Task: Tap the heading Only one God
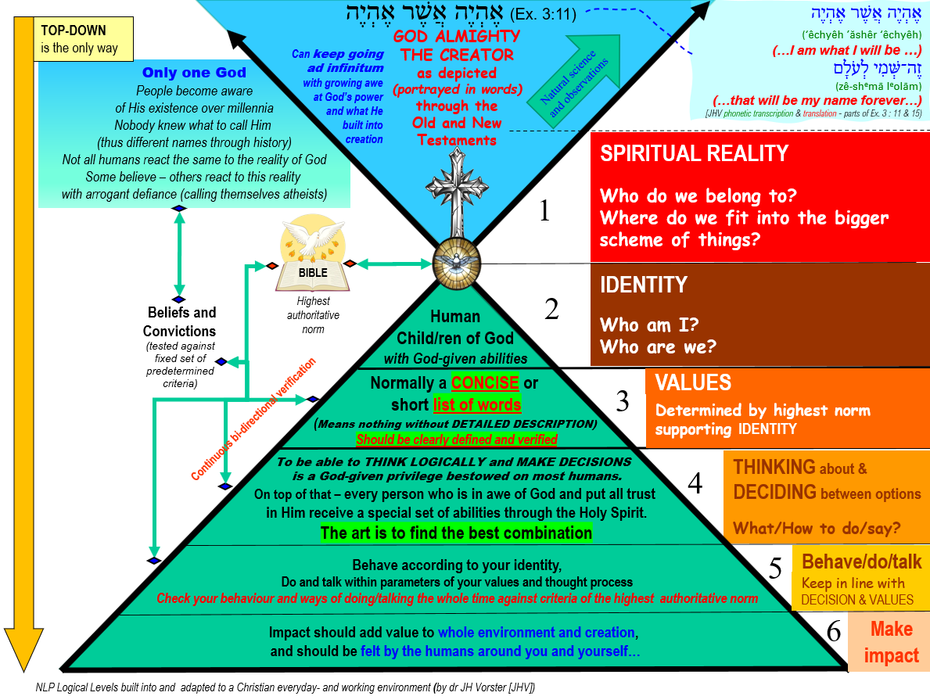[x=195, y=73]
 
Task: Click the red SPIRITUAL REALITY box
[x=759, y=196]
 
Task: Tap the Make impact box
[x=891, y=642]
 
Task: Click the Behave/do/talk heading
[x=861, y=561]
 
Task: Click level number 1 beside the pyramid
[x=551, y=210]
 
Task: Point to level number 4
[x=695, y=484]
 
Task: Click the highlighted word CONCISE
[x=485, y=383]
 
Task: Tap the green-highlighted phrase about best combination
[x=456, y=533]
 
